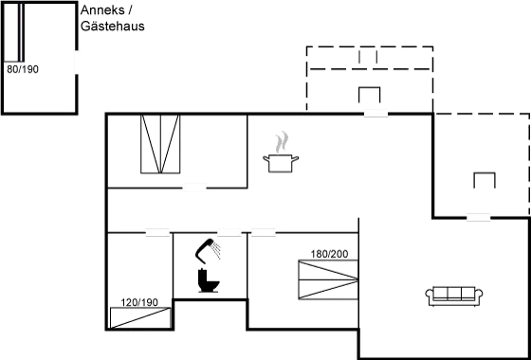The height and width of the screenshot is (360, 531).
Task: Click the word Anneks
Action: [x=99, y=11]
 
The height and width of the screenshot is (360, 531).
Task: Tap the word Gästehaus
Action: [x=113, y=27]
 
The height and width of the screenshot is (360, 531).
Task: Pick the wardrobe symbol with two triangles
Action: [x=159, y=144]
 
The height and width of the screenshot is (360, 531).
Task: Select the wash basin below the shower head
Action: [x=209, y=284]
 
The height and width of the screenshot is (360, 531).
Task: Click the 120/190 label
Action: [x=141, y=302]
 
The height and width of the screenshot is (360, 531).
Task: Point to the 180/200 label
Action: [x=330, y=255]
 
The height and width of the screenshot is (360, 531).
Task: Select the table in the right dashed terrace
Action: [x=485, y=181]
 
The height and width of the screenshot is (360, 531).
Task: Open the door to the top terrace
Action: [x=375, y=113]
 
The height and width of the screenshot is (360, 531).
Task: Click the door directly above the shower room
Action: [x=229, y=231]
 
